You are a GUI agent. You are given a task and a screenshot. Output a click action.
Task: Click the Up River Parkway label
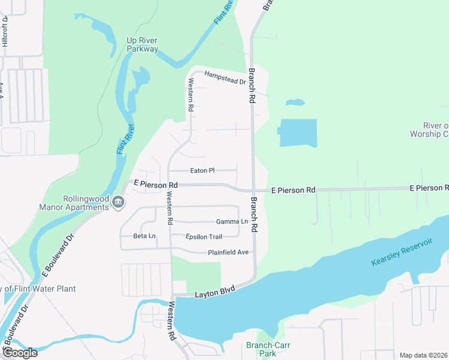142,45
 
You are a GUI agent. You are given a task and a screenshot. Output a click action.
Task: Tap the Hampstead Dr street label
225,77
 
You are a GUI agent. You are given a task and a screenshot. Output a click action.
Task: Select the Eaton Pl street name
202,170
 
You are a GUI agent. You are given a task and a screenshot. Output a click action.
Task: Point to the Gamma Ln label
232,222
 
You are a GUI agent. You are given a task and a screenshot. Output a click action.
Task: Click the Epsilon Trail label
203,236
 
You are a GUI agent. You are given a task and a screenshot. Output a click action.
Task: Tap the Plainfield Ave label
228,252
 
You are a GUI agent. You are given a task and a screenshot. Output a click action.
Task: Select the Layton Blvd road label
214,292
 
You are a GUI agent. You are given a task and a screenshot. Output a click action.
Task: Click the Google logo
20,353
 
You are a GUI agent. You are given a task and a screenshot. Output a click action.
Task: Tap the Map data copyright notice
423,355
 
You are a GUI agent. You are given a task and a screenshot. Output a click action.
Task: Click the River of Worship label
429,130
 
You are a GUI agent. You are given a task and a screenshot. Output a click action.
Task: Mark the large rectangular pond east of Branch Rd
298,133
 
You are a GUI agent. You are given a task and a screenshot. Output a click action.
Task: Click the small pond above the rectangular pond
295,103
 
